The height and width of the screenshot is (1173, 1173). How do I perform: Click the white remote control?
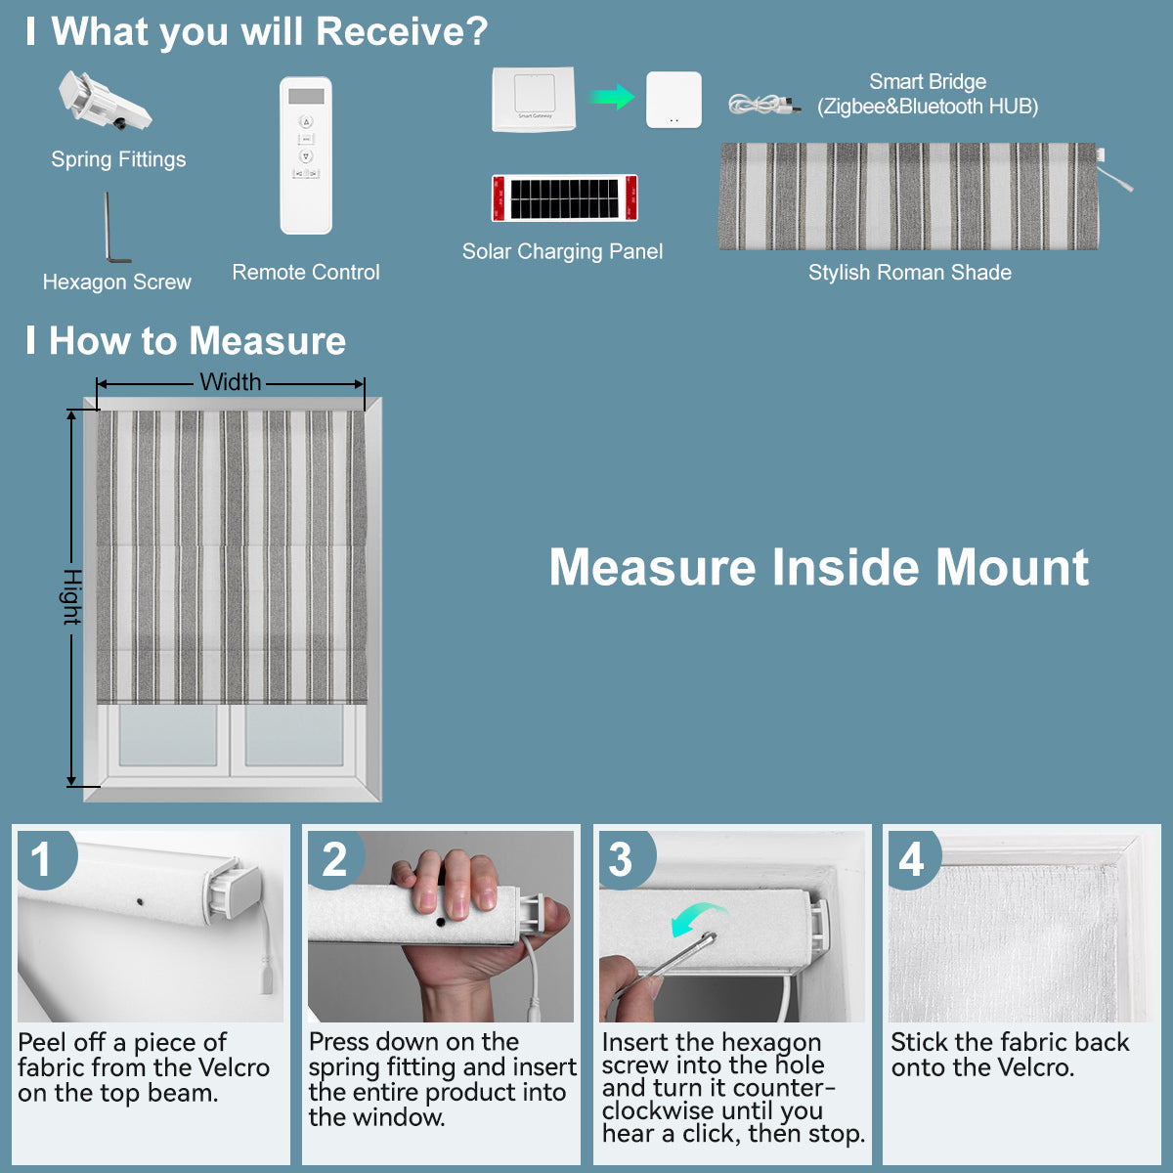pyautogui.click(x=306, y=155)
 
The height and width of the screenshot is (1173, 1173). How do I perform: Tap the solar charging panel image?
pyautogui.click(x=564, y=198)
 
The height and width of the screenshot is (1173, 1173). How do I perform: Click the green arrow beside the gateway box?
pyautogui.click(x=612, y=97)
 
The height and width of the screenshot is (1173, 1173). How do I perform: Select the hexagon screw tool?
pyautogui.click(x=113, y=229)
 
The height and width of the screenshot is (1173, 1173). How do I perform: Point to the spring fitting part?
pyautogui.click(x=103, y=102)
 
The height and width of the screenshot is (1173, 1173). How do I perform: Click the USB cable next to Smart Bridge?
pyautogui.click(x=763, y=105)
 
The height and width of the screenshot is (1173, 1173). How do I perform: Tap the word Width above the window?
pyautogui.click(x=231, y=382)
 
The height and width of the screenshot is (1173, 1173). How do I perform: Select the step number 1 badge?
pyautogui.click(x=41, y=859)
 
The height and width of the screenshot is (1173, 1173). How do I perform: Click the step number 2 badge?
pyautogui.click(x=334, y=859)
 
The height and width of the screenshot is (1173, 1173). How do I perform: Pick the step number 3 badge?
pyautogui.click(x=621, y=860)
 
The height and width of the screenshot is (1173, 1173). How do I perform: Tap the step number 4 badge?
pyautogui.click(x=911, y=860)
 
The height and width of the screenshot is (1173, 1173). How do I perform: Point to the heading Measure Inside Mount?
pyautogui.click(x=819, y=567)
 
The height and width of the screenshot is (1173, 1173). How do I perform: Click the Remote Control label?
pyautogui.click(x=306, y=273)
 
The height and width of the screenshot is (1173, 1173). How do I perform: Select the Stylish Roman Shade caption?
pyautogui.click(x=909, y=273)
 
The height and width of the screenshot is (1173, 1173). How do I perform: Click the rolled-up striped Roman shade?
pyautogui.click(x=909, y=196)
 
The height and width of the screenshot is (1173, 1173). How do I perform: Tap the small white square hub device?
pyautogui.click(x=673, y=100)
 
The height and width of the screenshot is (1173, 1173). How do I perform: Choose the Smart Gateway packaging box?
pyautogui.click(x=534, y=99)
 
